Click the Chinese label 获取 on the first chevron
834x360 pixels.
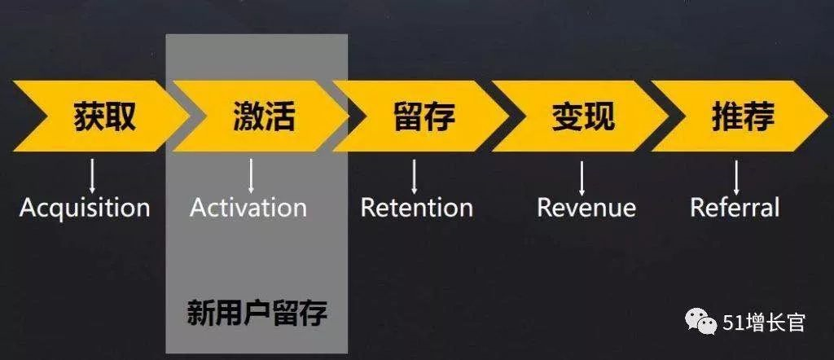(x=105, y=116)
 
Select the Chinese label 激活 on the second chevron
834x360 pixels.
(x=264, y=116)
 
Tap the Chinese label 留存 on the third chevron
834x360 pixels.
(x=424, y=116)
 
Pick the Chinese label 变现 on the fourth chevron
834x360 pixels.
(x=583, y=116)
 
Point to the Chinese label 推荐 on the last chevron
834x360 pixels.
(x=743, y=116)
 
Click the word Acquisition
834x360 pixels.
(x=85, y=208)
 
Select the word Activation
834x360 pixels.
(x=248, y=208)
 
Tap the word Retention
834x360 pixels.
(x=416, y=208)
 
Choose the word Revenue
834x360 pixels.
(x=586, y=208)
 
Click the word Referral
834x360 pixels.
(x=735, y=208)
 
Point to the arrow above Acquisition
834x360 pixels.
(x=93, y=175)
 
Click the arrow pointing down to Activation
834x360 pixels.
(x=251, y=175)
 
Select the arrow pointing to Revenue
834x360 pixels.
(x=582, y=178)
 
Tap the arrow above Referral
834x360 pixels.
(x=736, y=178)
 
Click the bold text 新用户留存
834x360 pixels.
(x=257, y=314)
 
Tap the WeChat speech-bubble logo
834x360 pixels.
(x=700, y=322)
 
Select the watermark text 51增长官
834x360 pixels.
(x=764, y=323)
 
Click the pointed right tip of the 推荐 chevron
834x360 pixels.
(x=827, y=116)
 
